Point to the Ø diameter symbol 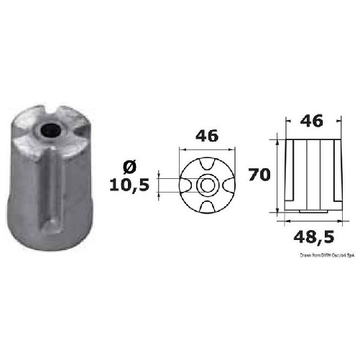[x=131, y=167]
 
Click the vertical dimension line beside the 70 [x=277, y=173]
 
